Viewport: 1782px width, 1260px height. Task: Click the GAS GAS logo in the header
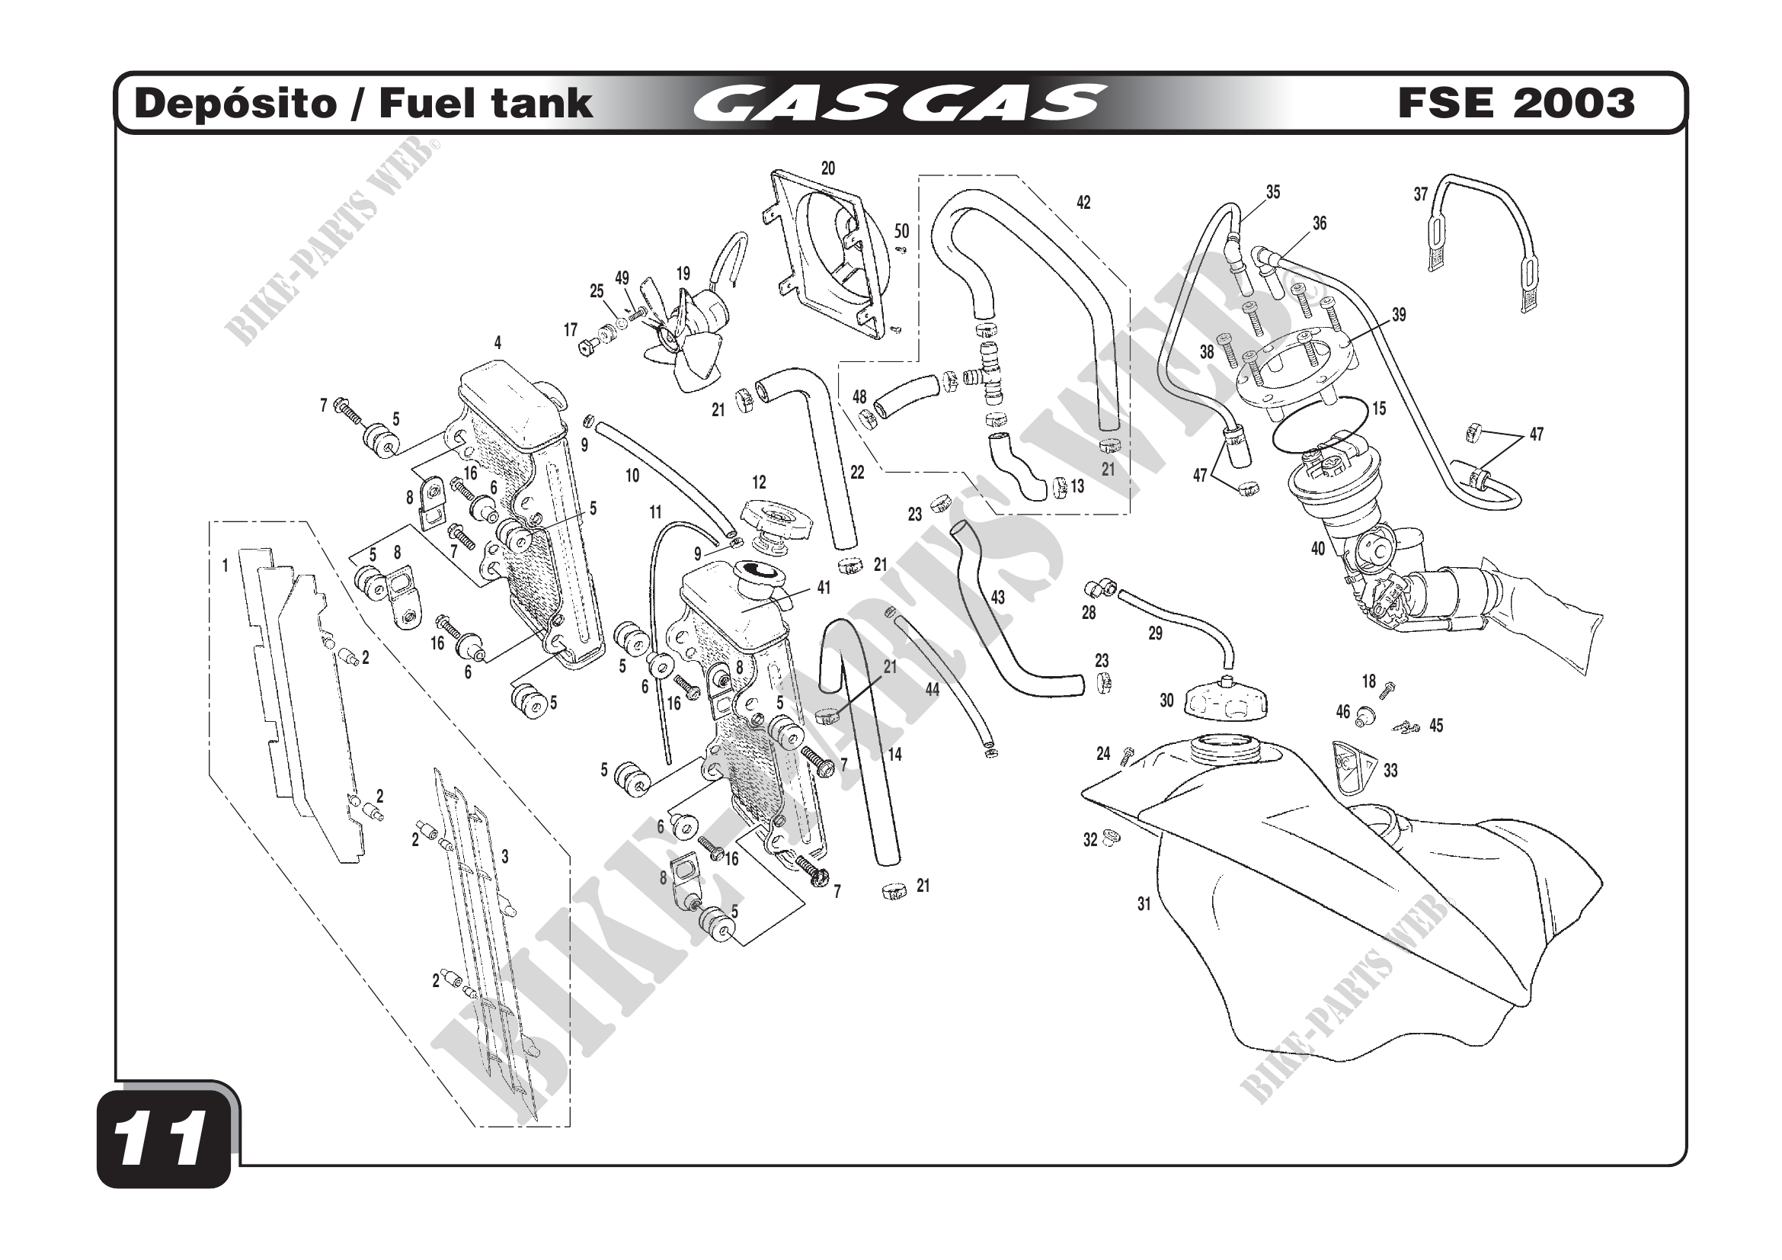899,104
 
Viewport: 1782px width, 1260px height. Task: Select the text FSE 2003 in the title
1516,103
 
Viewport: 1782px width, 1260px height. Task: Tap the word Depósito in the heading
235,104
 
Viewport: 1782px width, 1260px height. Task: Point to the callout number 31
1144,904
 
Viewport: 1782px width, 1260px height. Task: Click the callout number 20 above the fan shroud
828,168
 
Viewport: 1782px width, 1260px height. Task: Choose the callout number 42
1083,203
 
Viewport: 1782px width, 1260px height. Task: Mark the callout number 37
1420,194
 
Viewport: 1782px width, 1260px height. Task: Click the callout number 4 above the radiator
497,343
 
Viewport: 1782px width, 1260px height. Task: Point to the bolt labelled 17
587,345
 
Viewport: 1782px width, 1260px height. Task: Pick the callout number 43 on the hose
998,597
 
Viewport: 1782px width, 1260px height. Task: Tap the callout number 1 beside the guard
226,566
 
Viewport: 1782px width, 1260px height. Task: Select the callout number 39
1399,316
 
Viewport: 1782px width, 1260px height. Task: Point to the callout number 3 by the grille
504,857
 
